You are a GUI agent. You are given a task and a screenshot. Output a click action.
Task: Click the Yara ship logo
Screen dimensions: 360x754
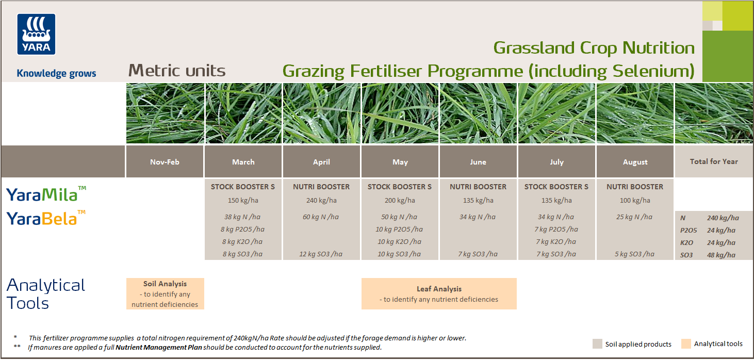36,34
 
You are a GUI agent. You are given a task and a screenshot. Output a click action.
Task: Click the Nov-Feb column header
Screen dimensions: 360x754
165,162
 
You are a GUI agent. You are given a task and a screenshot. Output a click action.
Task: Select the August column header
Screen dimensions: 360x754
635,162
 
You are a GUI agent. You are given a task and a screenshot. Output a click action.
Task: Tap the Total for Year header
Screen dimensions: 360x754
714,161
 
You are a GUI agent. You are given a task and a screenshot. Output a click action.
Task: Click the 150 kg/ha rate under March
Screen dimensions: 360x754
243,200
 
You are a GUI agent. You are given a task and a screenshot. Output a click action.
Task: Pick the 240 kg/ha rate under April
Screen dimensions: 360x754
321,200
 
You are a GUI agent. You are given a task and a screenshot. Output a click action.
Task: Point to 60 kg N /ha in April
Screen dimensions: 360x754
321,217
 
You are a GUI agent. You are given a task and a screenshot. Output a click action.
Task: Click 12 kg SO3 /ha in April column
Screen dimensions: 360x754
321,254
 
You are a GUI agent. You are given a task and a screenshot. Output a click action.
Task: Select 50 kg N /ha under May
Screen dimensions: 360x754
400,217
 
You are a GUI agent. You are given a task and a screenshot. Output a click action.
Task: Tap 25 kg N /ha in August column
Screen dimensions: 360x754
635,217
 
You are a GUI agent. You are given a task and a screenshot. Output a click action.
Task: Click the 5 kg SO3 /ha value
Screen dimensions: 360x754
635,254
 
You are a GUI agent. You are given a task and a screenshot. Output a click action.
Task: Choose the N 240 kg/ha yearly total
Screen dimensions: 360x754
714,218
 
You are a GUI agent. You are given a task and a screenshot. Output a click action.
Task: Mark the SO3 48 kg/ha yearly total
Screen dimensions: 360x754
714,255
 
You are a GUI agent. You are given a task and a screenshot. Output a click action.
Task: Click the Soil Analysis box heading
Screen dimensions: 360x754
165,284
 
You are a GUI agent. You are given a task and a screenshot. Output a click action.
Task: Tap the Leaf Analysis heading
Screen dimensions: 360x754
439,289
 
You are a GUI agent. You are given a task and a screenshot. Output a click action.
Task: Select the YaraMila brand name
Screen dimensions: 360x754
42,194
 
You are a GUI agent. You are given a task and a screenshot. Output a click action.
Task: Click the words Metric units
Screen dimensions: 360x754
177,71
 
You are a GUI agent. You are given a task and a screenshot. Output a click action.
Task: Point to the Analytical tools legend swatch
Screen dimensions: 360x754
685,344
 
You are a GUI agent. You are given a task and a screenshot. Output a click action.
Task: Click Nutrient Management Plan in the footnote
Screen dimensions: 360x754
158,348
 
